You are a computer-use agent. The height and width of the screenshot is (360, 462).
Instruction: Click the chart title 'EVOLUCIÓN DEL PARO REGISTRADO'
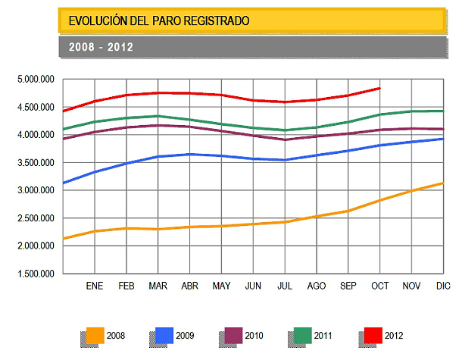158,20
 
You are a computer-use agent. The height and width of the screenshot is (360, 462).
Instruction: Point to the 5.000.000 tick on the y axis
35,79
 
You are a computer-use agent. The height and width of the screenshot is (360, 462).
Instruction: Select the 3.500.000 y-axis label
35,162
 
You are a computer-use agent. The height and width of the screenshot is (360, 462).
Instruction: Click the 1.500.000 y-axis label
35,274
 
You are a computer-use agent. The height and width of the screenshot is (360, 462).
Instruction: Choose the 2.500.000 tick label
35,218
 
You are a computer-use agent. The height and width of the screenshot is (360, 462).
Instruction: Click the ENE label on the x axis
94,286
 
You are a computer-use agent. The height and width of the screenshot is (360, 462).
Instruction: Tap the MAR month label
158,286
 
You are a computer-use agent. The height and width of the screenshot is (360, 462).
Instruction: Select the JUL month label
285,286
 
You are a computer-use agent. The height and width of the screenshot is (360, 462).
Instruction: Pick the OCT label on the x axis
380,286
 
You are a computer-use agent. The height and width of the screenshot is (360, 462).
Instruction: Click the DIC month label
443,286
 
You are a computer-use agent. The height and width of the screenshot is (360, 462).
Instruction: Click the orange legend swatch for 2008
95,335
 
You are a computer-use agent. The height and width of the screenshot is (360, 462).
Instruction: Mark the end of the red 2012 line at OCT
379,88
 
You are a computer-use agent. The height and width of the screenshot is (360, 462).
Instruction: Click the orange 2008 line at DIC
443,183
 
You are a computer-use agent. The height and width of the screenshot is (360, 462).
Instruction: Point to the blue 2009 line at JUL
285,160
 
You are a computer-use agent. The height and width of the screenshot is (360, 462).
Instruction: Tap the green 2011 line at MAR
158,116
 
